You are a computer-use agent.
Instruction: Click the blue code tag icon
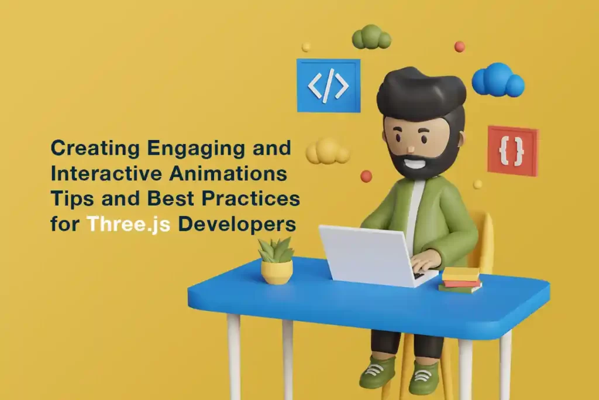pos(329,86)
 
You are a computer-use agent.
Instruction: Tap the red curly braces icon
pos(512,151)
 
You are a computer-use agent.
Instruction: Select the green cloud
pos(371,37)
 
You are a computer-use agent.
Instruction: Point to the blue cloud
pos(498,80)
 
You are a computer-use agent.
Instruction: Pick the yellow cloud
pos(328,152)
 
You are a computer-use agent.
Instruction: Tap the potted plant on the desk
pos(276,261)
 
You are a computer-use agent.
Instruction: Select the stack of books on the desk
pos(460,281)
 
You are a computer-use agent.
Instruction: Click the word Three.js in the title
pos(128,224)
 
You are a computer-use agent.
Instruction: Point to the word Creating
pos(95,149)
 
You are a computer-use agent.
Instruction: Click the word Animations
pos(228,173)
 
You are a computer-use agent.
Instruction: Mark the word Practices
pos(250,199)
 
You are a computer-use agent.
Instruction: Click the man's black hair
pos(421,94)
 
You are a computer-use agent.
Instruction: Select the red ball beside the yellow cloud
pos(366,176)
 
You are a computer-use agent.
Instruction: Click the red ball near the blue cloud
pos(460,47)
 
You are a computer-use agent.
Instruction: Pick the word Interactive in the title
pos(107,173)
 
